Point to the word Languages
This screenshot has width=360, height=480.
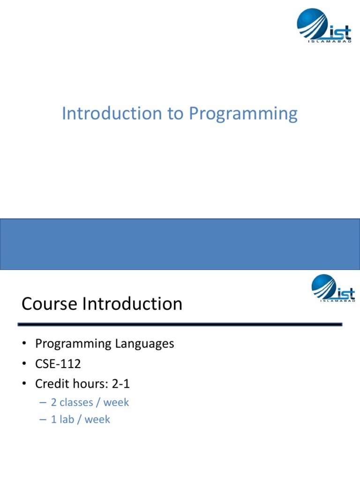[x=144, y=344]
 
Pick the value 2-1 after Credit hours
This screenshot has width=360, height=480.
[x=121, y=384]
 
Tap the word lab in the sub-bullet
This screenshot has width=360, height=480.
[x=66, y=420]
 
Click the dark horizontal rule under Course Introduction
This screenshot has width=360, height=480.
[x=180, y=324]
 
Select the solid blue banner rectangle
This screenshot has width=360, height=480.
[x=180, y=244]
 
